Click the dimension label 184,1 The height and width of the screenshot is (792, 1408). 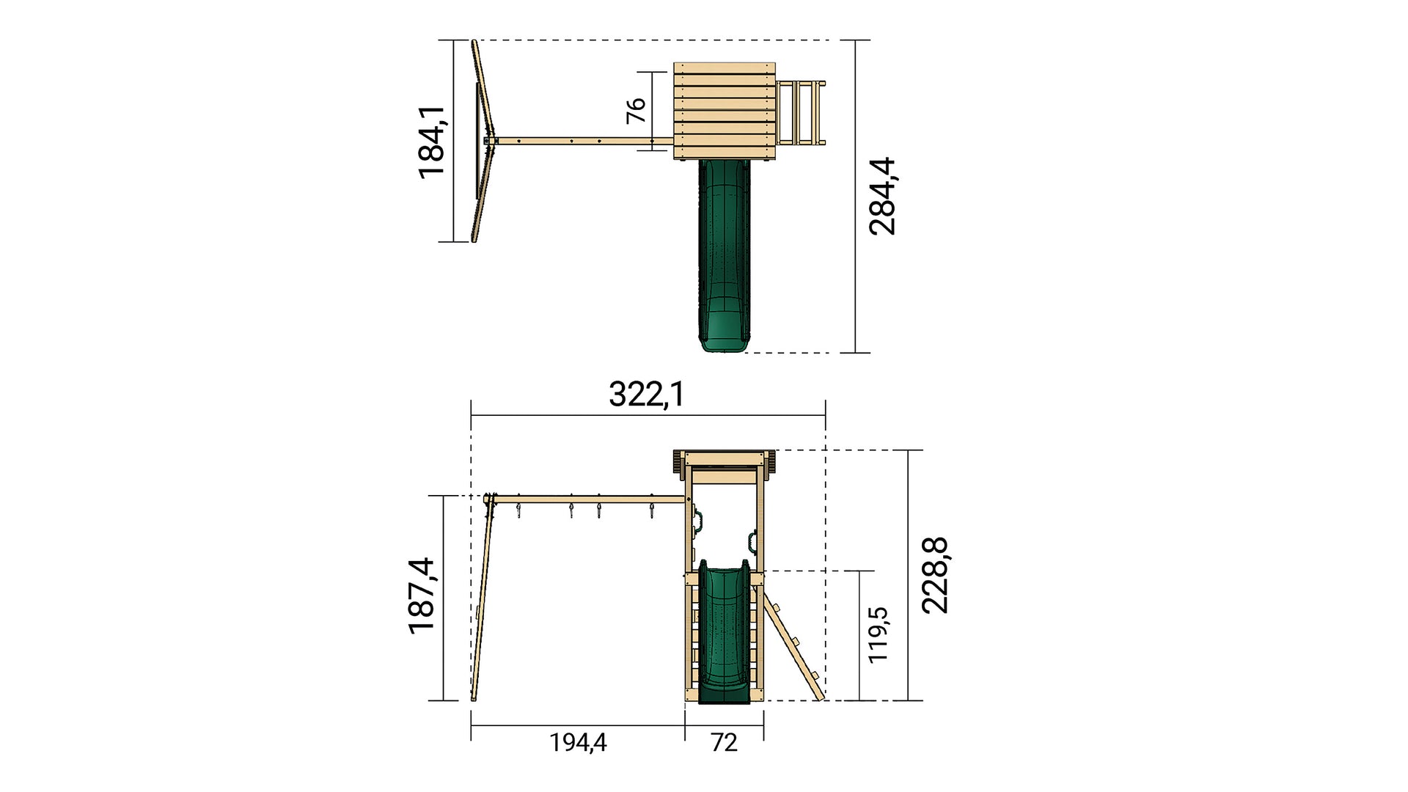pos(432,142)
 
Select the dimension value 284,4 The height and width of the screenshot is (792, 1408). pos(882,196)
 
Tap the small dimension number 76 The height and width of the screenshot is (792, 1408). pos(636,110)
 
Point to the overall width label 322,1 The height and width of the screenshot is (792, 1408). pos(646,395)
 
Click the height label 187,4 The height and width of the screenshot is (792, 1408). pos(422,595)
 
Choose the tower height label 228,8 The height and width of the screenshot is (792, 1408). pos(935,576)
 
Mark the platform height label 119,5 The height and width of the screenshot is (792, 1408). pos(878,634)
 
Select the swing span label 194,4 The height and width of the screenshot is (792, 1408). pos(578,743)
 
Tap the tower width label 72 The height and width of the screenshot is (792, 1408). pos(723,743)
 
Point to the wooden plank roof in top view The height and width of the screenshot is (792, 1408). pos(725,110)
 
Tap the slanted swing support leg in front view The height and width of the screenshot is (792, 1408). pos(481,601)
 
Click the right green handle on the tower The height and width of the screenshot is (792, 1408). pos(752,541)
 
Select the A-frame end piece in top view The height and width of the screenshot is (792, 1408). pos(480,142)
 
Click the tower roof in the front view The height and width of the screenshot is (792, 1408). pos(725,458)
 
